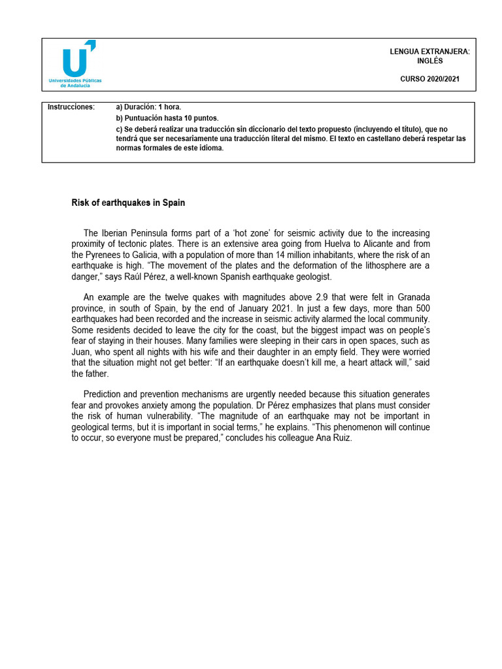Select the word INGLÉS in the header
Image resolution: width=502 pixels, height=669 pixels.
429,61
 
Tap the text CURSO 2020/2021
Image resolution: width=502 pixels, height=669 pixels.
429,79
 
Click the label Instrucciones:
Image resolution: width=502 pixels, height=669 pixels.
71,106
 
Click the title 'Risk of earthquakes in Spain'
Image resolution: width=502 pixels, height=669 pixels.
128,203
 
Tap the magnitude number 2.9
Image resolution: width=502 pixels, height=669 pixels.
300,297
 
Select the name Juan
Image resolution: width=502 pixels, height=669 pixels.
82,351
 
